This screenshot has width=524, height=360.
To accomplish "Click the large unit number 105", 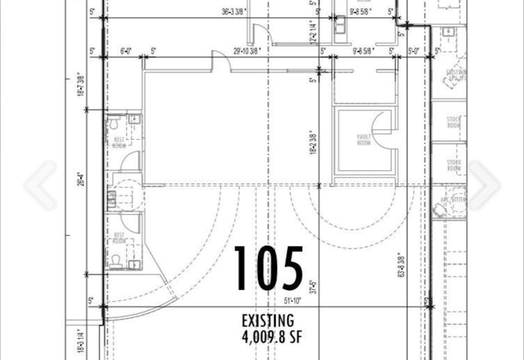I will pos(269,269).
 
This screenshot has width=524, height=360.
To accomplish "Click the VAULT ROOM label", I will pos(363,141).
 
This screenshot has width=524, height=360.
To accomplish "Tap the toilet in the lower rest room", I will pos(117,260).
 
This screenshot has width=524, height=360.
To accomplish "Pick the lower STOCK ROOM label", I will pos(454,165).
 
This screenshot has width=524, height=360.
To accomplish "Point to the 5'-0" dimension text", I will pos(414,50).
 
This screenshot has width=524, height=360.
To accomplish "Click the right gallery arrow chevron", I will pos(484,185).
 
